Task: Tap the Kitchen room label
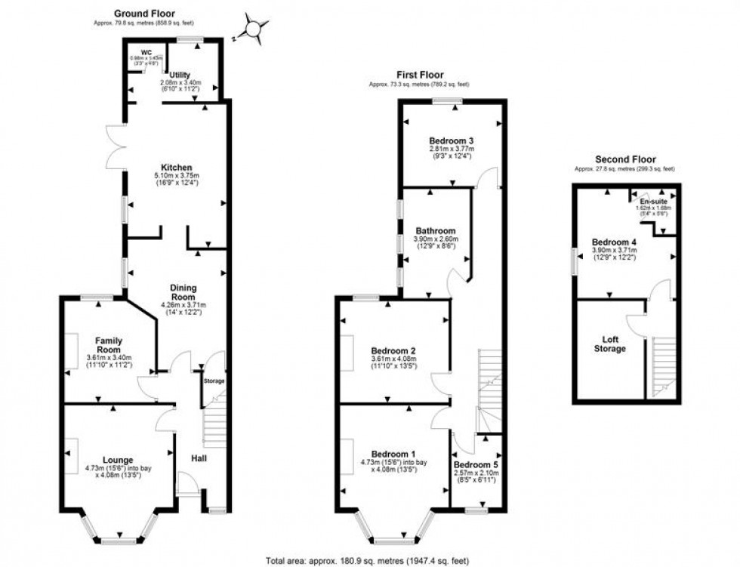[175, 168]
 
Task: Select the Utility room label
[180, 75]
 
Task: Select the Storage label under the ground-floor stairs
[214, 381]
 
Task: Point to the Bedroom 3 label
[452, 141]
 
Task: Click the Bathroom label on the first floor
[435, 231]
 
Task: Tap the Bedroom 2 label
[393, 351]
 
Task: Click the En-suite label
[654, 202]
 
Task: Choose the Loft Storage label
[609, 344]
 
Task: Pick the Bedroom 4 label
[614, 242]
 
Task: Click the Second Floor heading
[624, 159]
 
